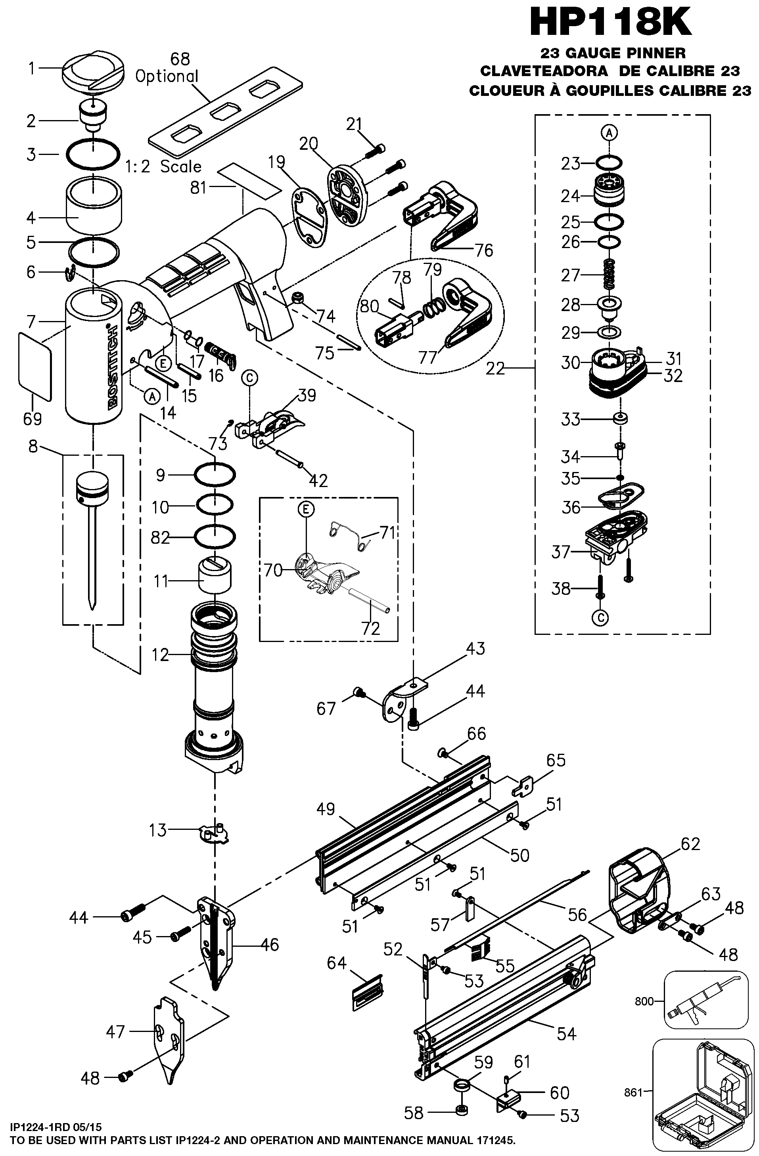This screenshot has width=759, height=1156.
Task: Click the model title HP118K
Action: (611, 22)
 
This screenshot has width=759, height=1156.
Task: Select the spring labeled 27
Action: (613, 274)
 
